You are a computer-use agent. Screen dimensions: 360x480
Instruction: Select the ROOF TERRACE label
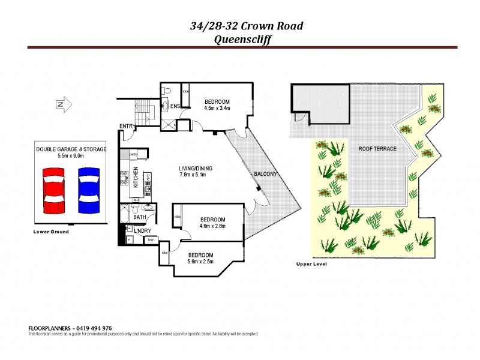(377, 149)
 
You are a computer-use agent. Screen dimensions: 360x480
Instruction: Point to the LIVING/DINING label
(196, 168)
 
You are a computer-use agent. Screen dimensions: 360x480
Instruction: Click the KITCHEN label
(136, 176)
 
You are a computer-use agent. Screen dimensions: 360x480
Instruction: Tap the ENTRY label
(127, 125)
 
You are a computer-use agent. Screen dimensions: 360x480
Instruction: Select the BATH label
(140, 217)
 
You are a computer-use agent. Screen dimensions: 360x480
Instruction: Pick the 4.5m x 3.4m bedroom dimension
(217, 109)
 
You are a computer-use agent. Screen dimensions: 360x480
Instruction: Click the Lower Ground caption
(52, 232)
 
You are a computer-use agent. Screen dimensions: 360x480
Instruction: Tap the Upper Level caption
(311, 264)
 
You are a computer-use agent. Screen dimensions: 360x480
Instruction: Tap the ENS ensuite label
(175, 106)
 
